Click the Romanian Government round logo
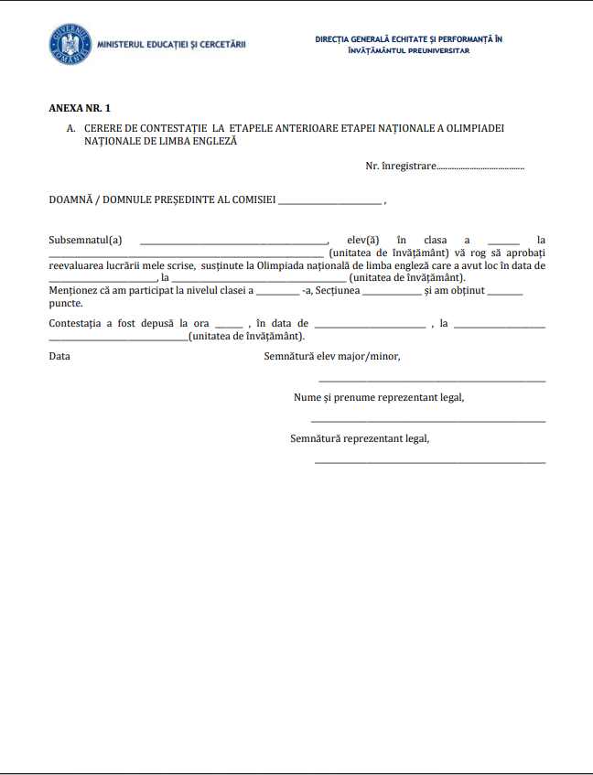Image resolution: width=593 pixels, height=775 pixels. point(70,44)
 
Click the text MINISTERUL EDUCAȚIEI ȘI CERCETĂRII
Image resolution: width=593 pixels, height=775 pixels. point(170,44)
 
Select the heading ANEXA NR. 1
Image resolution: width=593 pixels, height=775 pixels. point(80,108)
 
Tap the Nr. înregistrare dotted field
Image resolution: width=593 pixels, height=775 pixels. point(480,167)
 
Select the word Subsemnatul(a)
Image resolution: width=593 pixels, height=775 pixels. point(85,241)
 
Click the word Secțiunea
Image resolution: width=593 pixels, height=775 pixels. point(338,290)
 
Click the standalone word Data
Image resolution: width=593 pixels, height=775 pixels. point(59,356)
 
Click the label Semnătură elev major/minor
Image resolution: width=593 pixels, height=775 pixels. point(332,356)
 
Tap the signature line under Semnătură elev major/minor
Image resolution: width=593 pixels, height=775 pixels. point(431,381)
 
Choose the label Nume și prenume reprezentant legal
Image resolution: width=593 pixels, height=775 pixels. point(379,397)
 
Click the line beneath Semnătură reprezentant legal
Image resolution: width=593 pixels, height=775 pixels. point(430,463)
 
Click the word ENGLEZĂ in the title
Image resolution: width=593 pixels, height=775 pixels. point(216,142)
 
